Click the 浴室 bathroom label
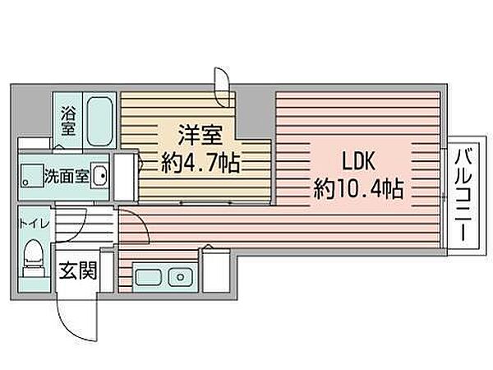68,122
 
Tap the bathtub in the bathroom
99,121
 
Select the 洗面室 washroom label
67,176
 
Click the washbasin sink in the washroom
100,176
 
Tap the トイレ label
35,224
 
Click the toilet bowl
34,252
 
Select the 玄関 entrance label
78,271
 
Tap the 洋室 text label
200,136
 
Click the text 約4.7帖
200,163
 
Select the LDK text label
358,161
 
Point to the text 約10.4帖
358,188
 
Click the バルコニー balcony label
463,196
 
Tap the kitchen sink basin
148,278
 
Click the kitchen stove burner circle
180,278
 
